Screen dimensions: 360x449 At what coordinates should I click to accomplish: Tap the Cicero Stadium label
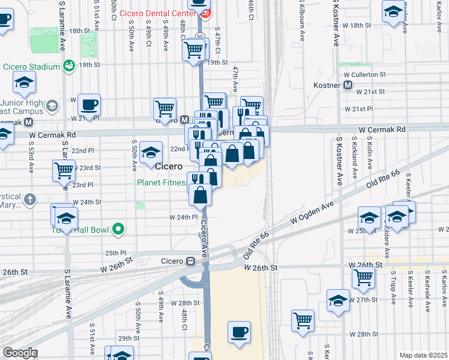click(x=31, y=66)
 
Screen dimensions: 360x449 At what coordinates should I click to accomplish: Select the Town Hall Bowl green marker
click(x=119, y=228)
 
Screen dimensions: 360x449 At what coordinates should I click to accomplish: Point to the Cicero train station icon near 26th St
click(x=191, y=261)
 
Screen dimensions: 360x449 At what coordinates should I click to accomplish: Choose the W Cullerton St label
click(x=364, y=74)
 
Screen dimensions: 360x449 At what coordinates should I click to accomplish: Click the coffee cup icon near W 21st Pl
click(x=89, y=106)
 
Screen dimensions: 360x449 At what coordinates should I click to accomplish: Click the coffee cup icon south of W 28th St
click(x=240, y=332)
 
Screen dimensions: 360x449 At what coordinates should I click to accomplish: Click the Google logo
click(x=20, y=353)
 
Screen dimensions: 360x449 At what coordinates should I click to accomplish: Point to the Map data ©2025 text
click(x=423, y=355)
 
